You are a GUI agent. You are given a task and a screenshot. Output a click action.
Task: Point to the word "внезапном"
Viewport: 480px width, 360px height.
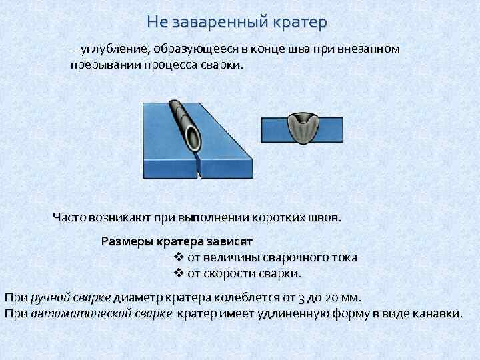(x=365, y=49)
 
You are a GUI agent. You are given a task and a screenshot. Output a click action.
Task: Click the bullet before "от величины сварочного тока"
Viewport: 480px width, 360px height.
(x=178, y=257)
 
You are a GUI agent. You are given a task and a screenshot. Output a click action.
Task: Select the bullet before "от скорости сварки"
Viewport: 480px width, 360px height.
(x=178, y=273)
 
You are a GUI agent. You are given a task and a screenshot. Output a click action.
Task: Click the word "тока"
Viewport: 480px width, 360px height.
(x=343, y=257)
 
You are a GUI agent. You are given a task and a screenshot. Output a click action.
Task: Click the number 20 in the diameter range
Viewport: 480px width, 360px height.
(x=335, y=297)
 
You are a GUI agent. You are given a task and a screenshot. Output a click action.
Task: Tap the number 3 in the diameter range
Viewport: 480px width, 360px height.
(x=302, y=297)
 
